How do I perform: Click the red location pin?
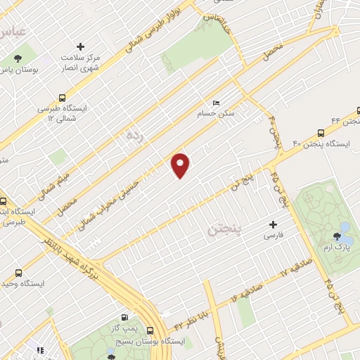click(181, 164)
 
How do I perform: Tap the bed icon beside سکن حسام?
click(216, 102)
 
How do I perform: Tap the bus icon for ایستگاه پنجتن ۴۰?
click(321, 132)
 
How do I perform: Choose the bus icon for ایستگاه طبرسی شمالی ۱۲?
click(62, 98)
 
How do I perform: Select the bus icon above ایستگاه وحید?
click(20, 272)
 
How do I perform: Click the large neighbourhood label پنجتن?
click(224, 229)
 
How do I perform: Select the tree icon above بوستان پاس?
click(17, 58)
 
